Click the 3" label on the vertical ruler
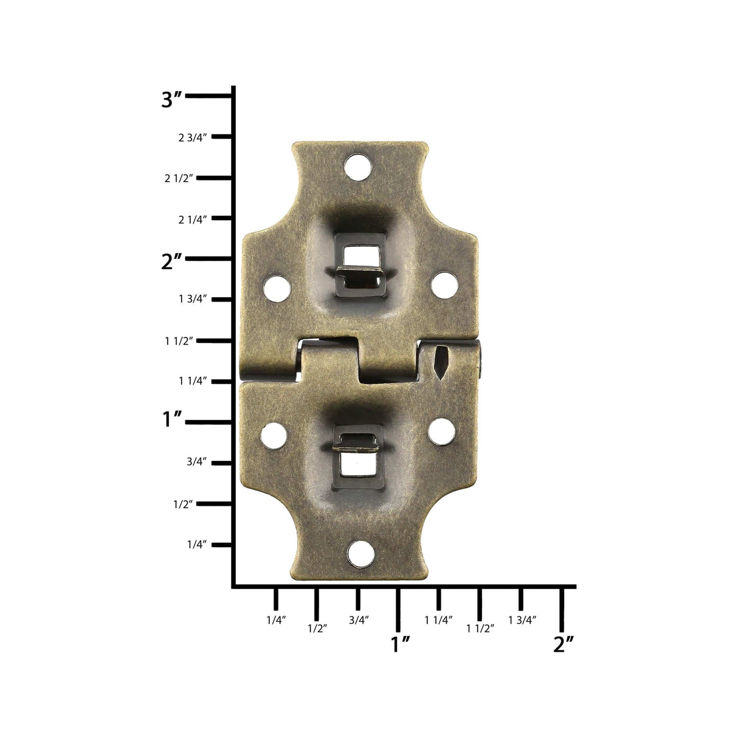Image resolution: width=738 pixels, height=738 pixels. (x=171, y=99)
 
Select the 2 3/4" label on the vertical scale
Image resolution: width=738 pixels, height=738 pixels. (x=193, y=137)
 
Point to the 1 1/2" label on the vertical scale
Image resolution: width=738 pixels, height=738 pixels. (x=179, y=341)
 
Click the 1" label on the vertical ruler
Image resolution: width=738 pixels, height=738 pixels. (x=173, y=419)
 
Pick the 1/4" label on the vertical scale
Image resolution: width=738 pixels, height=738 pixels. (x=197, y=544)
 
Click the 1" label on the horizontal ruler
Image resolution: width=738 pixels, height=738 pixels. (x=401, y=644)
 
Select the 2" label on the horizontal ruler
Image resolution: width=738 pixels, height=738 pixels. (x=564, y=644)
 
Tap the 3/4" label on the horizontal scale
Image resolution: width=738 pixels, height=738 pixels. (x=359, y=620)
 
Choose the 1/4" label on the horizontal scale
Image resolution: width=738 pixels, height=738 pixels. (x=275, y=620)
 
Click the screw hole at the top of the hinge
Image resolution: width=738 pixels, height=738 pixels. (x=357, y=167)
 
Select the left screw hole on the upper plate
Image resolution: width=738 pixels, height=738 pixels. (x=277, y=288)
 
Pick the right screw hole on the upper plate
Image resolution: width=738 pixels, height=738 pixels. (x=444, y=285)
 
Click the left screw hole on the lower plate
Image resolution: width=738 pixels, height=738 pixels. (x=274, y=435)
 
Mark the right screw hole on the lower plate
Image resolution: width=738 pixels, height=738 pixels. (x=441, y=430)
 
